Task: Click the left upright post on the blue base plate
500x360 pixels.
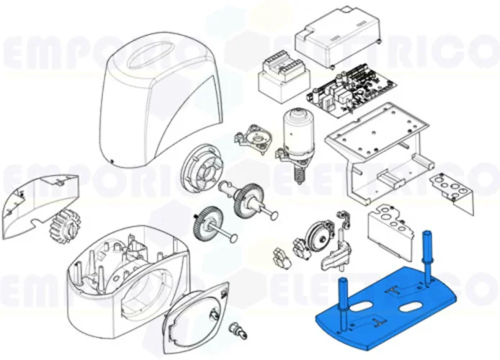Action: click(342, 298)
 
